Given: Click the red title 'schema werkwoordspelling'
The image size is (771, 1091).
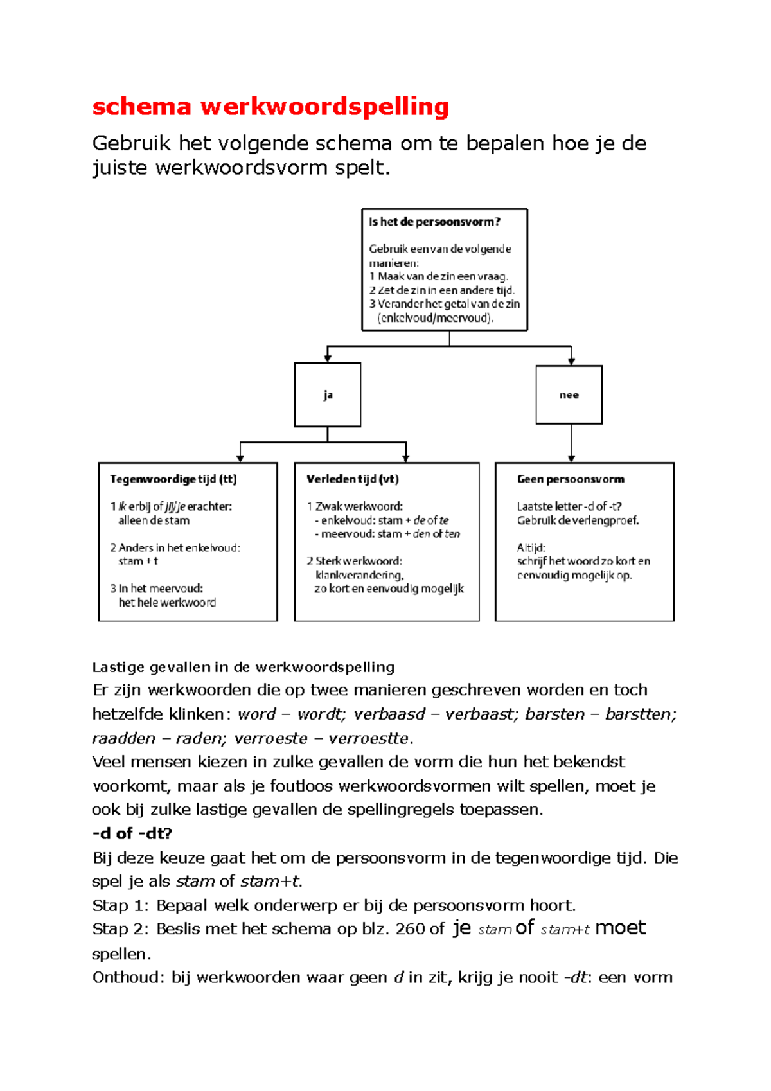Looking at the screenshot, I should (x=270, y=107).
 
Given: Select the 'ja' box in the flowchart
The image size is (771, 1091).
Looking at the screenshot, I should (x=328, y=395).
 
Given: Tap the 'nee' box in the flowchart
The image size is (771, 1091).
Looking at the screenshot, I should (x=569, y=395).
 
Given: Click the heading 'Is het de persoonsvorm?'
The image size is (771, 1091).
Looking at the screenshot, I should (x=434, y=222).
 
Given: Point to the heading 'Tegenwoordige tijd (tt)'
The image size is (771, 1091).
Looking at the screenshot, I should (x=173, y=479).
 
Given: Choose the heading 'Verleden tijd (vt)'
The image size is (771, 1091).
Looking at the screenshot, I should (x=352, y=479).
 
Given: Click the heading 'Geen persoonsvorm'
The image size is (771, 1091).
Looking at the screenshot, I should (x=571, y=479).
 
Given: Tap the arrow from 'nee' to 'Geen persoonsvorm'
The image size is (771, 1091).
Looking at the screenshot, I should (x=572, y=443).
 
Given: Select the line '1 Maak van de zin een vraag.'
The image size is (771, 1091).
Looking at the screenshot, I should (x=439, y=277).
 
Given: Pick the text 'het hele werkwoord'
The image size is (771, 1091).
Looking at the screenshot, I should (x=167, y=603).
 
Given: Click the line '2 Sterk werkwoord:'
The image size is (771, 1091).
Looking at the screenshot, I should (x=354, y=561).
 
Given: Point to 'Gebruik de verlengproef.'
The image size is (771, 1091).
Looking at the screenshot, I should (x=578, y=520).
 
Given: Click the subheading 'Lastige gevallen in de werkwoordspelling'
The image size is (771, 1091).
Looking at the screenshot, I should (x=243, y=667).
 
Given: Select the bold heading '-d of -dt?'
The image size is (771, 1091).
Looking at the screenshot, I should (x=132, y=833).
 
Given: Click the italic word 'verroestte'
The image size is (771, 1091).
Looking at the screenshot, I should (x=368, y=739).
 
